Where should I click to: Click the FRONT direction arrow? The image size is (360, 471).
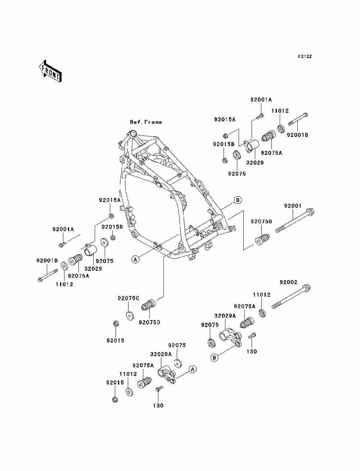click(50, 71)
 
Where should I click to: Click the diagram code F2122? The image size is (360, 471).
click(305, 57)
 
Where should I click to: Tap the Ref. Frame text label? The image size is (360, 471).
click(146, 122)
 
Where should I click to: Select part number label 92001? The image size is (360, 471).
click(293, 206)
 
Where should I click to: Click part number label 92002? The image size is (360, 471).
click(288, 282)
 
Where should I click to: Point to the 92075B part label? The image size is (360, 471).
click(261, 221)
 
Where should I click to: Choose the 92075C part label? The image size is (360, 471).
click(128, 298)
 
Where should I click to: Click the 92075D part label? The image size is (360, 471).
click(149, 328)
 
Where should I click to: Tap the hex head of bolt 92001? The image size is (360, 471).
click(310, 212)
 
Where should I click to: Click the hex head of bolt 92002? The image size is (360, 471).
click(306, 288)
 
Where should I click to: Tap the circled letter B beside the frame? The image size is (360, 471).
click(238, 200)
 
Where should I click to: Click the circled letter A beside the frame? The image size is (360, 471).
click(135, 260)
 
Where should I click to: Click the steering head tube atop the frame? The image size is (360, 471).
click(132, 134)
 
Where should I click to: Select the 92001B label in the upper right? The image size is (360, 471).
click(297, 135)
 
